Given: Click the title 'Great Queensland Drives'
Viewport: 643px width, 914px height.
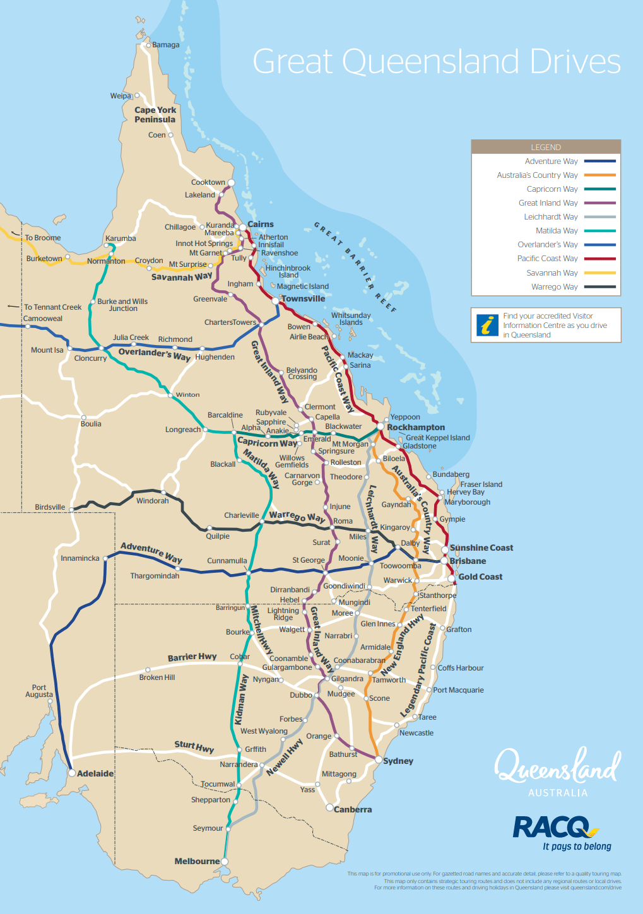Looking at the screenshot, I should [437, 62].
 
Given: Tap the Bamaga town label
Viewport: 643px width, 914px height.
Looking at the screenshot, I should [166, 45].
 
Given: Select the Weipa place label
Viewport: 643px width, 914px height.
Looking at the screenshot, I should [121, 96].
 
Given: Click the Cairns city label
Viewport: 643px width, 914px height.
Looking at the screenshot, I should [260, 225].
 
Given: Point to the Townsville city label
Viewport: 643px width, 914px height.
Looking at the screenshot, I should [303, 299].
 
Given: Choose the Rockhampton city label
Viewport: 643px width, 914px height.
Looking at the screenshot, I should [416, 427].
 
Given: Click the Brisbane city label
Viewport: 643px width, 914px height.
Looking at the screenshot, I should [468, 561].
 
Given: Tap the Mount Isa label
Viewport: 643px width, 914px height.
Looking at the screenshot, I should [47, 350].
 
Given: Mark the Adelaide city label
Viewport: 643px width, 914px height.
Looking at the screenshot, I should [95, 773].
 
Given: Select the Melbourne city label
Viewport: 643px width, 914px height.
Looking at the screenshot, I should [197, 861].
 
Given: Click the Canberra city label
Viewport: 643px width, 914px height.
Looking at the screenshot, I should [353, 809].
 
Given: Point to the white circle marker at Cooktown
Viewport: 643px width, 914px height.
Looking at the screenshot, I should [231, 183].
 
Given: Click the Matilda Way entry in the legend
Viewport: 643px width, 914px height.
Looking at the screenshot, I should [557, 231].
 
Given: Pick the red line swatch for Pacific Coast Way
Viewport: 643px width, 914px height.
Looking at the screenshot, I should [599, 259].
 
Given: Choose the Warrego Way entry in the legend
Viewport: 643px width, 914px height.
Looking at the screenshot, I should [554, 287].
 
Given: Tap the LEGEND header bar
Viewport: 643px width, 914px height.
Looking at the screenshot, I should [546, 147].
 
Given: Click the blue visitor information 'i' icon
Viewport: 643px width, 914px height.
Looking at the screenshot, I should [487, 325].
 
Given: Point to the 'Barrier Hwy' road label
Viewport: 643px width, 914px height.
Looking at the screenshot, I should [192, 657].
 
